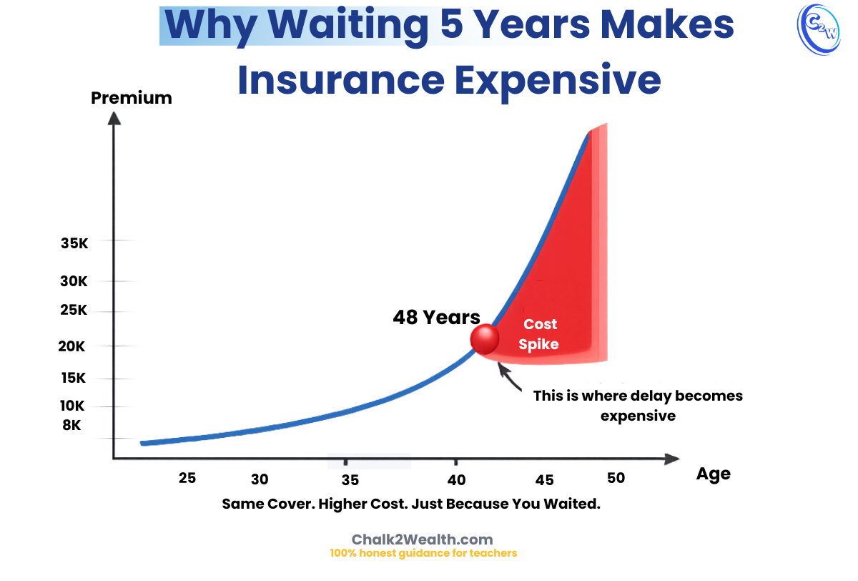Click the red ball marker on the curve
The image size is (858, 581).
(x=485, y=338)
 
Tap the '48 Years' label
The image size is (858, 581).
(x=436, y=317)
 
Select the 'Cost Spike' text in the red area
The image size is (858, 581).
(x=540, y=334)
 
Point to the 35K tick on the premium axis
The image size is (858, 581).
(x=74, y=243)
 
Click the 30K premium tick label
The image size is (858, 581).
(x=74, y=281)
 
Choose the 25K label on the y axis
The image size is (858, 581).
(x=74, y=311)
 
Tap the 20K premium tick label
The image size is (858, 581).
(x=72, y=346)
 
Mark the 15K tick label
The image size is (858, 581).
(x=72, y=378)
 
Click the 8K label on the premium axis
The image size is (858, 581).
(x=71, y=425)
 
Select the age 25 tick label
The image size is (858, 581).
(x=187, y=478)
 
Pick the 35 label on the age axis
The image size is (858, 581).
(x=350, y=479)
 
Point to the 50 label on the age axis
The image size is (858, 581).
(x=616, y=478)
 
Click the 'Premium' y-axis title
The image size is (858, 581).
(x=132, y=98)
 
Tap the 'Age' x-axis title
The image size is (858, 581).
(x=713, y=474)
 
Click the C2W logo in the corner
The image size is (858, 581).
(x=818, y=29)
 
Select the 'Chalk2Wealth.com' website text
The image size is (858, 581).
(x=423, y=539)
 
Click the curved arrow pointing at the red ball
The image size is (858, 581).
(x=511, y=378)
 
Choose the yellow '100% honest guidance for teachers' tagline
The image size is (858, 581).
(x=423, y=553)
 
